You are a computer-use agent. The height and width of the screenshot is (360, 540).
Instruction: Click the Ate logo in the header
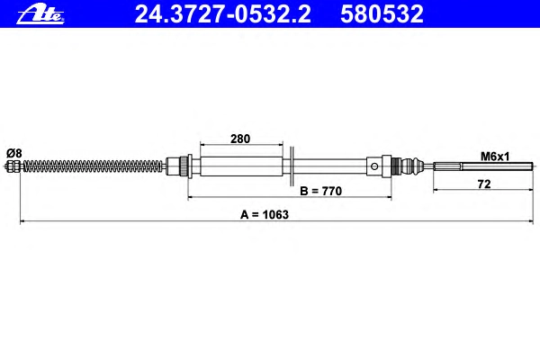pyautogui.click(x=40, y=15)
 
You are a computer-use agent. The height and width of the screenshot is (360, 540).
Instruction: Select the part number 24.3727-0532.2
pyautogui.click(x=222, y=14)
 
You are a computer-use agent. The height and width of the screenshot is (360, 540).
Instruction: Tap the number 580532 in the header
pyautogui.click(x=382, y=14)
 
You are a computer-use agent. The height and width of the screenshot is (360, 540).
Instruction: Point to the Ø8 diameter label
pyautogui.click(x=14, y=153)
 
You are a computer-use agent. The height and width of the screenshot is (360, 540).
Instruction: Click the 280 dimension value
pyautogui.click(x=240, y=139)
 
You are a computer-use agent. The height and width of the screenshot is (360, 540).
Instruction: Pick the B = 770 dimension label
pyautogui.click(x=320, y=191)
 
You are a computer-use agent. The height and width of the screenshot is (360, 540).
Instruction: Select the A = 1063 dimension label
pyautogui.click(x=264, y=214)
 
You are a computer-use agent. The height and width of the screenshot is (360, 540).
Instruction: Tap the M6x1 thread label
pyautogui.click(x=494, y=157)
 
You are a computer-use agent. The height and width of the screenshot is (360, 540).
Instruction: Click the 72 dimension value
pyautogui.click(x=484, y=184)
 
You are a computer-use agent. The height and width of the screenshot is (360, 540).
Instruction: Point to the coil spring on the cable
pyautogui.click(x=93, y=166)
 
